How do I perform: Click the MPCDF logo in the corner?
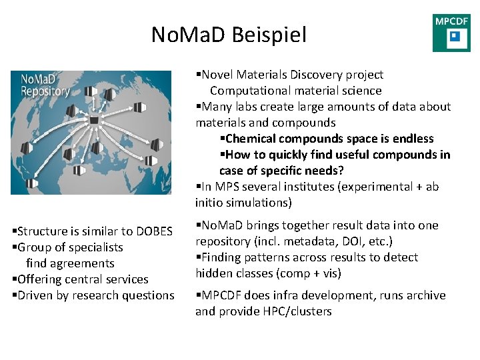tap(451, 33)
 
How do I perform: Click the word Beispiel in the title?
tap(269, 35)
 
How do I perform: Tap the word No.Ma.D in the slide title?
tap(189, 35)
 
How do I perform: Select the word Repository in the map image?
tap(45, 91)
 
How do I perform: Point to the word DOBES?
tap(154, 231)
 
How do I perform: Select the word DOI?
tap(347, 241)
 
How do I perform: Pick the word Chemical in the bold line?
tap(253, 139)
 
